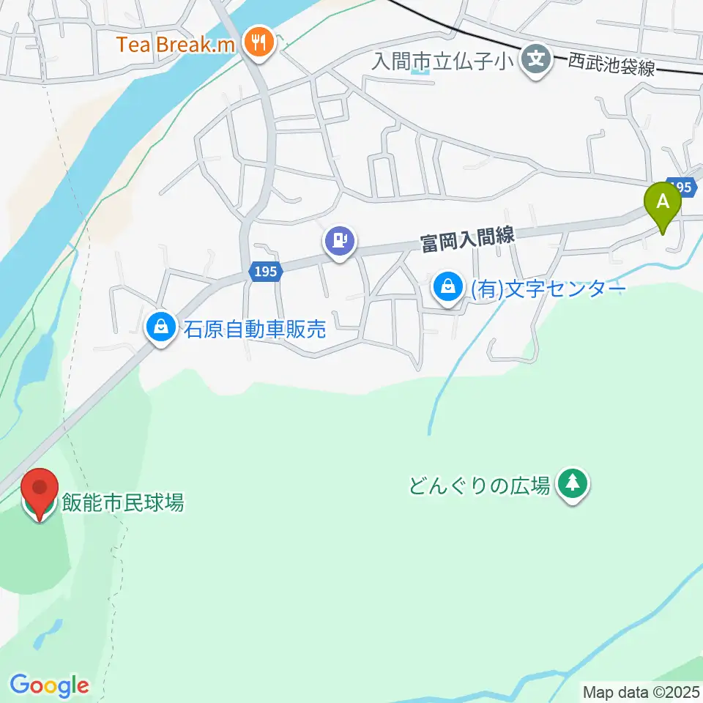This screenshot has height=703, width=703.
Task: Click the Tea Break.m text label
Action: pyautogui.click(x=176, y=45)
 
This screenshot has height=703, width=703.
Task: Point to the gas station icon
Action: pyautogui.click(x=340, y=239)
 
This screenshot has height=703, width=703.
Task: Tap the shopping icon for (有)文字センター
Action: pyautogui.click(x=447, y=287)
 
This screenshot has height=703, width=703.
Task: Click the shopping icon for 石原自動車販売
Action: pyautogui.click(x=160, y=327)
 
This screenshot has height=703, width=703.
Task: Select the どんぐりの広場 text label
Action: pyautogui.click(x=480, y=485)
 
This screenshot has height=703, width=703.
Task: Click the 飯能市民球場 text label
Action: pyautogui.click(x=122, y=502)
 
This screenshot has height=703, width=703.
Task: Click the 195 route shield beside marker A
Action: pyautogui.click(x=682, y=188)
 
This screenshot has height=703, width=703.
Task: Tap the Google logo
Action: pyautogui.click(x=49, y=685)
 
